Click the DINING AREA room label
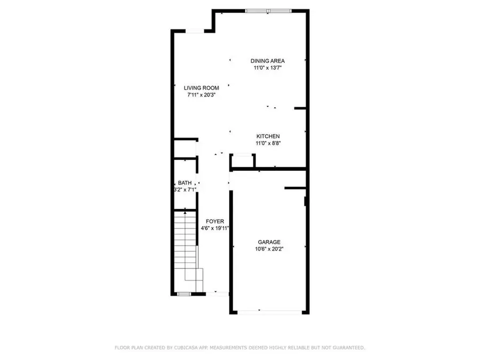click(268, 61)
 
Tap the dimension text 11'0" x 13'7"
click(268, 68)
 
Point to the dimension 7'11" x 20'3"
click(201, 95)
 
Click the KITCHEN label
click(268, 137)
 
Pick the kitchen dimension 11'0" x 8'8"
click(268, 143)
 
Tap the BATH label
click(185, 183)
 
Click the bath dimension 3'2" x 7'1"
click(185, 190)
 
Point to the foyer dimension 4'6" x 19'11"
click(215, 229)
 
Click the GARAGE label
click(269, 242)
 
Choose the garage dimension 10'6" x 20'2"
click(269, 249)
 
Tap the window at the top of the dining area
click(269, 10)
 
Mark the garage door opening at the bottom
click(269, 313)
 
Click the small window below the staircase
click(183, 293)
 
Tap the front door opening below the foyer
click(218, 292)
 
